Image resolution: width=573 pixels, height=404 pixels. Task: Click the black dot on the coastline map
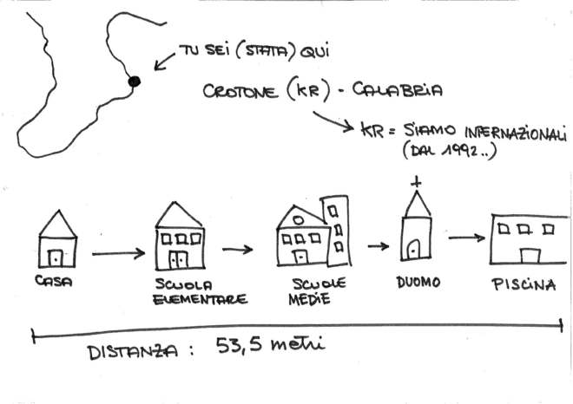coord(134,81)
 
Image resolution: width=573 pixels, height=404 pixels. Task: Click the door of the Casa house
coord(57,257)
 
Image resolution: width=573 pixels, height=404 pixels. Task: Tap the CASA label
coord(53,282)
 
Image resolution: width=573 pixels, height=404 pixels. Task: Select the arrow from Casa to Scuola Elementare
coord(118,254)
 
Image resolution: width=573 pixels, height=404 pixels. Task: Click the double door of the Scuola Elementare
coord(178,259)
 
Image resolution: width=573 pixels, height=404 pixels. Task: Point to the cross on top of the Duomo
coord(415,183)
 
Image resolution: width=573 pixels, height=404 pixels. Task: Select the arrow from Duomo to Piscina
coord(467,238)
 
